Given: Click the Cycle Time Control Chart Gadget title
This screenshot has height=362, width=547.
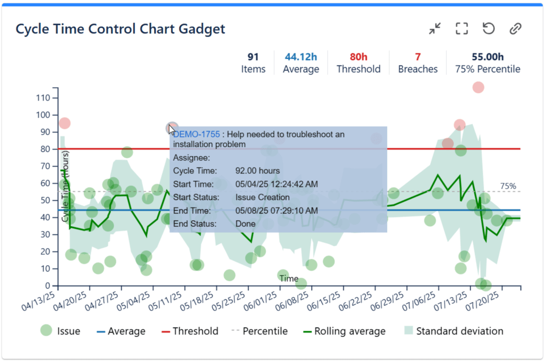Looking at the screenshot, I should tap(120, 28).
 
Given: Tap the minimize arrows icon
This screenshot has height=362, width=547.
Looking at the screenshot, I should tap(435, 28).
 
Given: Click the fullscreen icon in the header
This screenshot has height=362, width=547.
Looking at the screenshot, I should tap(461, 28).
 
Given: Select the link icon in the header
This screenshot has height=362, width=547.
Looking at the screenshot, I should tap(515, 28).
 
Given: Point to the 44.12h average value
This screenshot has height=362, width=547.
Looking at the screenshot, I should tap(301, 57).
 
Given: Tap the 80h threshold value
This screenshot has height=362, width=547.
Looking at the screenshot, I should tap(358, 57).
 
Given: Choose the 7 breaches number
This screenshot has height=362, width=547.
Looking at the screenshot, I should tap(418, 57).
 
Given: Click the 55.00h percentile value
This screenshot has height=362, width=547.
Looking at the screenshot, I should tap(487, 57).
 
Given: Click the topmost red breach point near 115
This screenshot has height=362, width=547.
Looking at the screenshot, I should tap(478, 87).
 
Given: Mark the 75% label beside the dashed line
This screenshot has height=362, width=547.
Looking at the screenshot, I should tap(508, 186).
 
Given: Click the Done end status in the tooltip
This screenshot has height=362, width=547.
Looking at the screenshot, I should tap(245, 224).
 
